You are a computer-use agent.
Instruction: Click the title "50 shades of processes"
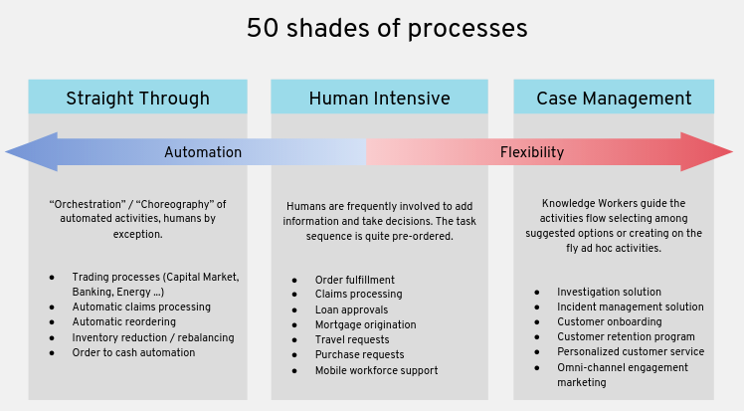(387, 28)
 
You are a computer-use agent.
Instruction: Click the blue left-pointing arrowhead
(33, 152)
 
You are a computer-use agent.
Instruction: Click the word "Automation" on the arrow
(203, 152)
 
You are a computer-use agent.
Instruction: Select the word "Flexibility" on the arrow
(532, 152)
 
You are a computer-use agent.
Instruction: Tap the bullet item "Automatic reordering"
(124, 321)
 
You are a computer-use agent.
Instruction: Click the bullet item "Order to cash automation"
(133, 352)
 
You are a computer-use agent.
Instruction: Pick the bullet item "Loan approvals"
(351, 309)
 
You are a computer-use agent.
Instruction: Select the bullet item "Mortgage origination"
(365, 324)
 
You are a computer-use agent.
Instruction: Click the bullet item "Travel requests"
(352, 339)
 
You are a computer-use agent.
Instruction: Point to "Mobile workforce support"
(376, 370)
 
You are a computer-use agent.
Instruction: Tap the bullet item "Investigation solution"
(609, 292)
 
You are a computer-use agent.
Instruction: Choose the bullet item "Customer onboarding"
(610, 321)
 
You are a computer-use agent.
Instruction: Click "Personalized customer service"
(631, 351)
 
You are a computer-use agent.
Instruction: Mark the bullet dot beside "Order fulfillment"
(294, 280)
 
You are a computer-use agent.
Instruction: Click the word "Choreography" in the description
(175, 205)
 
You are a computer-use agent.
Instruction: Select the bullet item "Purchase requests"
(360, 355)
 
